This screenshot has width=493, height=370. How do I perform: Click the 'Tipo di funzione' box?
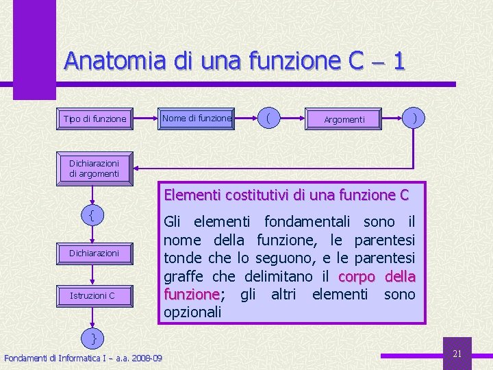click(x=94, y=119)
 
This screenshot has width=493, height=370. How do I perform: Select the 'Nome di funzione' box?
click(x=197, y=119)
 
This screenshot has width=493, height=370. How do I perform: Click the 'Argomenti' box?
click(x=344, y=119)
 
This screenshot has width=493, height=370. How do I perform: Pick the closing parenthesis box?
click(x=414, y=118)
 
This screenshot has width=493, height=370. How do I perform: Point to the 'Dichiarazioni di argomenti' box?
click(x=94, y=169)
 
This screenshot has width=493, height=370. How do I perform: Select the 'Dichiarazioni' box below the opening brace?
click(x=94, y=253)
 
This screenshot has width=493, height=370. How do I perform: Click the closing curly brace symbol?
click(x=94, y=338)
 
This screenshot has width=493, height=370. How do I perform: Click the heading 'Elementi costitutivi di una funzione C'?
click(x=286, y=195)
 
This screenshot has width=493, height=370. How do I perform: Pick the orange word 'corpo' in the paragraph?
click(x=356, y=276)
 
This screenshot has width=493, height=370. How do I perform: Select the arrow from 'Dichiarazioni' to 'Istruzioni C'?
click(x=94, y=274)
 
